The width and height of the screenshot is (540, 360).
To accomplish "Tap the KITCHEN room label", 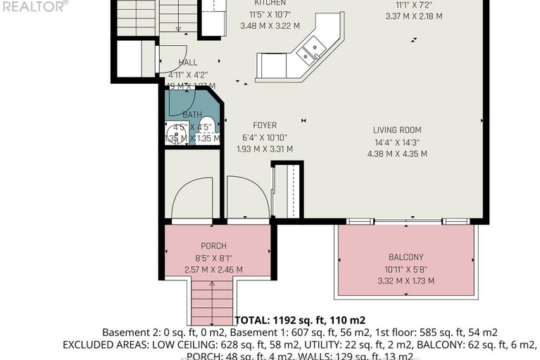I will pyautogui.click(x=265, y=3).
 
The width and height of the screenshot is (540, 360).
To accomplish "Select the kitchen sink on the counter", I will pyautogui.click(x=310, y=50).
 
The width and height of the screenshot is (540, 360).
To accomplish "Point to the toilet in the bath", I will pyautogui.click(x=213, y=130).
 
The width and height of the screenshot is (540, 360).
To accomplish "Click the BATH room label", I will pyautogui.click(x=192, y=115).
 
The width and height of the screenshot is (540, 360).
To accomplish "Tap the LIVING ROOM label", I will pyautogui.click(x=397, y=130).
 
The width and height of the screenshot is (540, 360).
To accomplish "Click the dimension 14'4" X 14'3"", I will pyautogui.click(x=397, y=142).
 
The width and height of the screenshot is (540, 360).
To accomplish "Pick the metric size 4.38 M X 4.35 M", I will pyautogui.click(x=397, y=154).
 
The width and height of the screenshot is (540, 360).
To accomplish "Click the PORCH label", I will pyautogui.click(x=213, y=246).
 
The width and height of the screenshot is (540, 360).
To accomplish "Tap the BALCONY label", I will pyautogui.click(x=406, y=257).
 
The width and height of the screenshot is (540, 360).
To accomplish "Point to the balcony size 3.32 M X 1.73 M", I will pyautogui.click(x=406, y=281).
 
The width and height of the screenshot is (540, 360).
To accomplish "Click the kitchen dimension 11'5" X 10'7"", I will pyautogui.click(x=265, y=15).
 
